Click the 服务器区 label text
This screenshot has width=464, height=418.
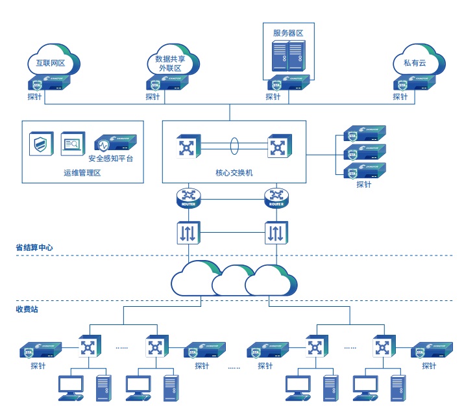(x=287, y=33)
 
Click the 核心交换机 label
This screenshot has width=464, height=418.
(x=234, y=173)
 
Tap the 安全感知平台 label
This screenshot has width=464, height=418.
(x=111, y=158)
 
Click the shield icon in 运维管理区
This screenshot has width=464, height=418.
(x=41, y=144)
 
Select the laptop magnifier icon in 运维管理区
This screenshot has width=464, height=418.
(x=73, y=144)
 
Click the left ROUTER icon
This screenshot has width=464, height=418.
(x=189, y=198)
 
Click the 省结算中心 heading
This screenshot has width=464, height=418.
(x=34, y=248)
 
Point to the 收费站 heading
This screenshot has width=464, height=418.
(x=27, y=309)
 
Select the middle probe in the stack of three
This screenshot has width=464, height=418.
(x=364, y=153)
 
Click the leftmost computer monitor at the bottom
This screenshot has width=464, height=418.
(x=70, y=386)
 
